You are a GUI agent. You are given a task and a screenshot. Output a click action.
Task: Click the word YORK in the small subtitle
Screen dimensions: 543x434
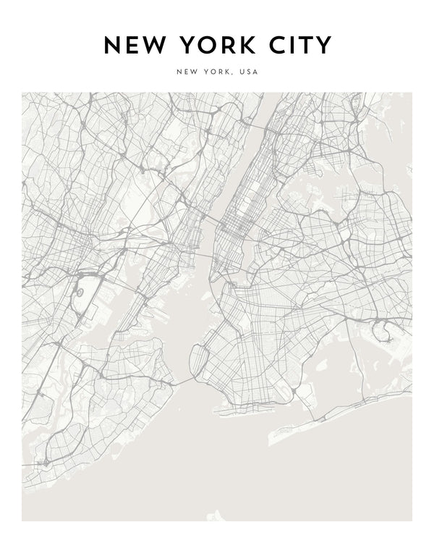coord(216,72)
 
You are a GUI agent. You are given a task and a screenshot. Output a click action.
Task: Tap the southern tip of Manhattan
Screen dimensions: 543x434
coord(210,277)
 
